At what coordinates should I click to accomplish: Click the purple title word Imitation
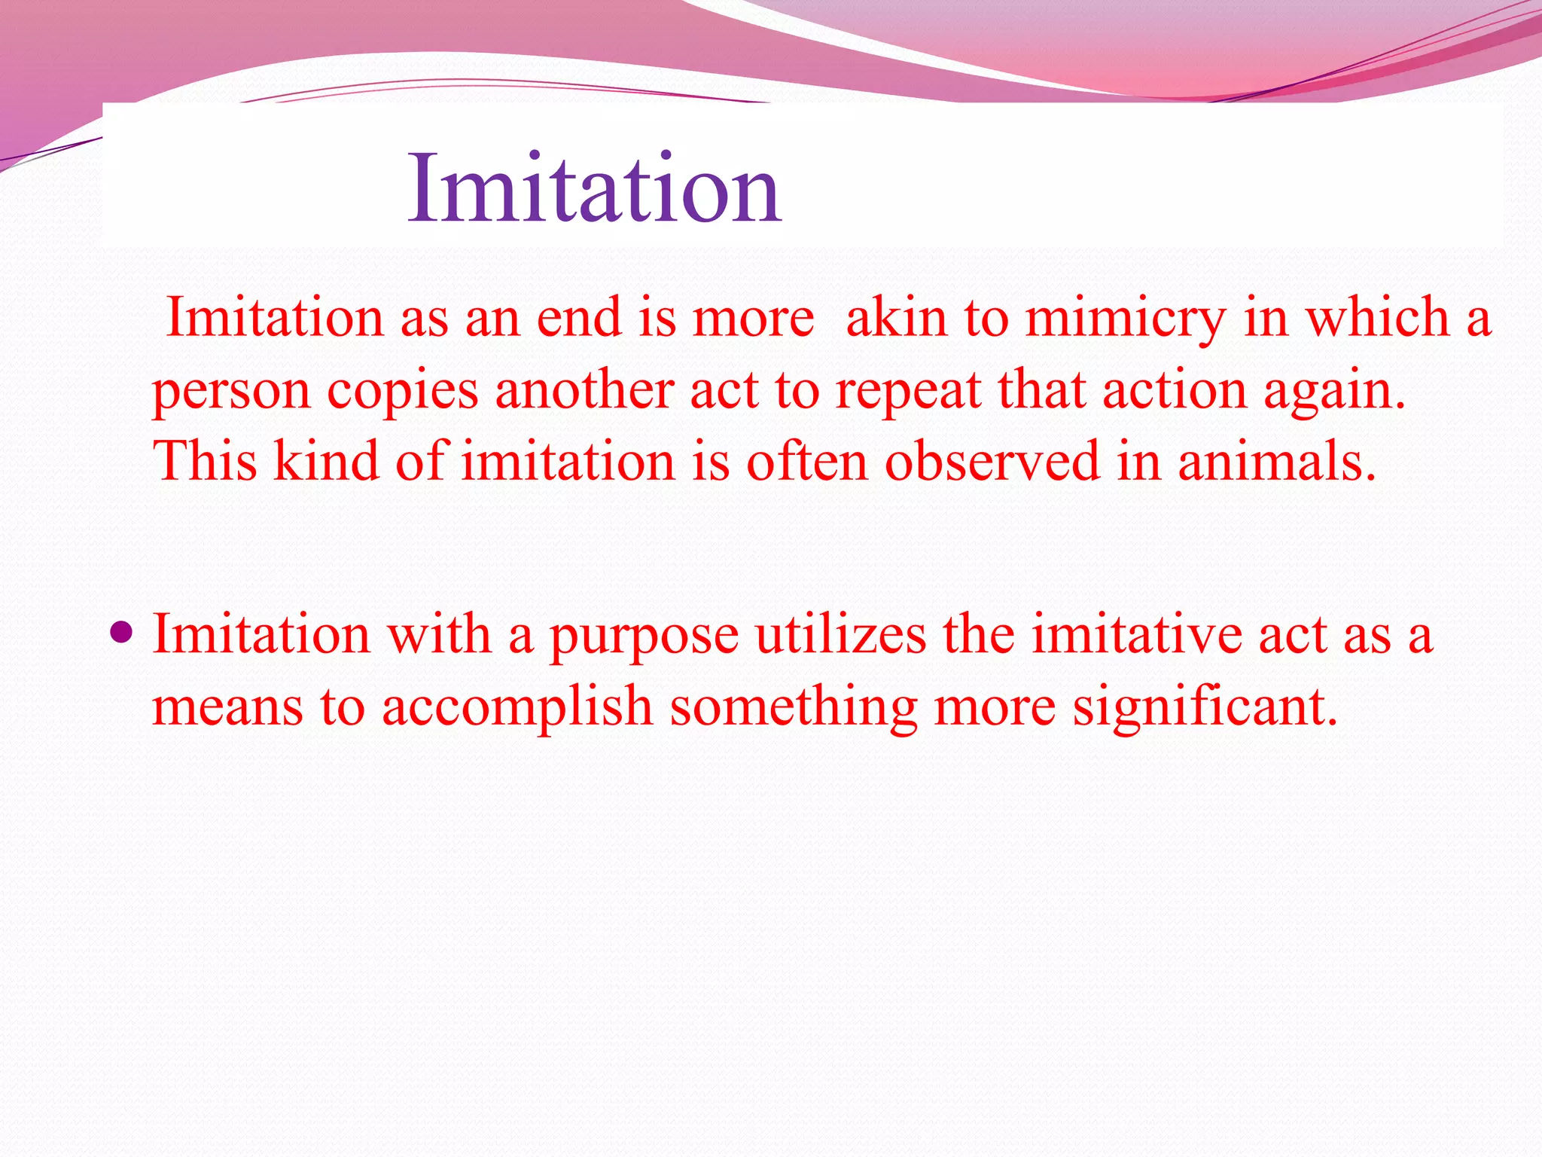pyautogui.click(x=595, y=188)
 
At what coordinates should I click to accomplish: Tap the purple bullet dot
pyautogui.click(x=120, y=630)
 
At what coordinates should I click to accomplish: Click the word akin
pyautogui.click(x=896, y=318)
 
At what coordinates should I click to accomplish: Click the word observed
pyautogui.click(x=992, y=462)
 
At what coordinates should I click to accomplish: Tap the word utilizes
pyautogui.click(x=840, y=635)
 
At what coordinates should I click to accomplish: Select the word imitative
pyautogui.click(x=1136, y=635)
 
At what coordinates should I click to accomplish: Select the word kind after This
pyautogui.click(x=325, y=462)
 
